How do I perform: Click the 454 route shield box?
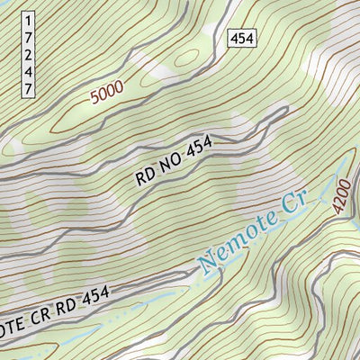pyautogui.click(x=241, y=38)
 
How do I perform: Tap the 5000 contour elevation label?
pyautogui.click(x=107, y=94)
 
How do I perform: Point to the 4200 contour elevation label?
pyautogui.click(x=339, y=199)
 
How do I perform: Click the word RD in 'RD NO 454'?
pyautogui.click(x=148, y=174)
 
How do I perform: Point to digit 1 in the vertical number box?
pyautogui.click(x=29, y=19)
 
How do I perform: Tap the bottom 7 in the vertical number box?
pyautogui.click(x=29, y=89)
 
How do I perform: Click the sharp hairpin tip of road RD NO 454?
pyautogui.click(x=285, y=110)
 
